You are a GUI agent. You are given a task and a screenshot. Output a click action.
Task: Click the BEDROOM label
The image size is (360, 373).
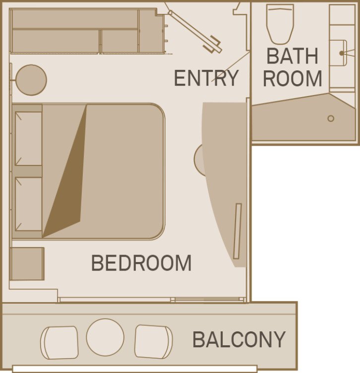tap(141, 263)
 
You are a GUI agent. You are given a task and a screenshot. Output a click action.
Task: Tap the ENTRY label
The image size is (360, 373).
tap(206, 78)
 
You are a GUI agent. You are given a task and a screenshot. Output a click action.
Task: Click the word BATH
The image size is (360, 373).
tap(292, 56)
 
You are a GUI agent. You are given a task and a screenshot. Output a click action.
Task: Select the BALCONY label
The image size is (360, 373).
tap(239, 340)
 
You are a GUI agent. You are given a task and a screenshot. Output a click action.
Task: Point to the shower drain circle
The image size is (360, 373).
tap(331, 118)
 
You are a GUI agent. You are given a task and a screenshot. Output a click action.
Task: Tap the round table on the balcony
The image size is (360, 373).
tap(105, 337)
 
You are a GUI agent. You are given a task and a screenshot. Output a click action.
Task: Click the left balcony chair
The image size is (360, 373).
tap(60, 342)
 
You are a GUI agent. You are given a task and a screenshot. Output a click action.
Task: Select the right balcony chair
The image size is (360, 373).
tap(154, 342)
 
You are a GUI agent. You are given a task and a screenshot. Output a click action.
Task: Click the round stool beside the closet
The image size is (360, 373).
tap(31, 80)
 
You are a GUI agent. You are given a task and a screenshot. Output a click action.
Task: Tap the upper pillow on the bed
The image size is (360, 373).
tap(28, 138)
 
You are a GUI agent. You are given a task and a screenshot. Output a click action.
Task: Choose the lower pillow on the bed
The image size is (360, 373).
tap(28, 204)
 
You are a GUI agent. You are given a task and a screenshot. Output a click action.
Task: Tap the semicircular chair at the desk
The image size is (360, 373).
tap(199, 160)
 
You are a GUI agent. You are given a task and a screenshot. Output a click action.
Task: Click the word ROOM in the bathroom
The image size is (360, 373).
tap(293, 79)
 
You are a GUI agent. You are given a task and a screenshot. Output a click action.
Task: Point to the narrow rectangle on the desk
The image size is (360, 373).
tap(238, 231)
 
